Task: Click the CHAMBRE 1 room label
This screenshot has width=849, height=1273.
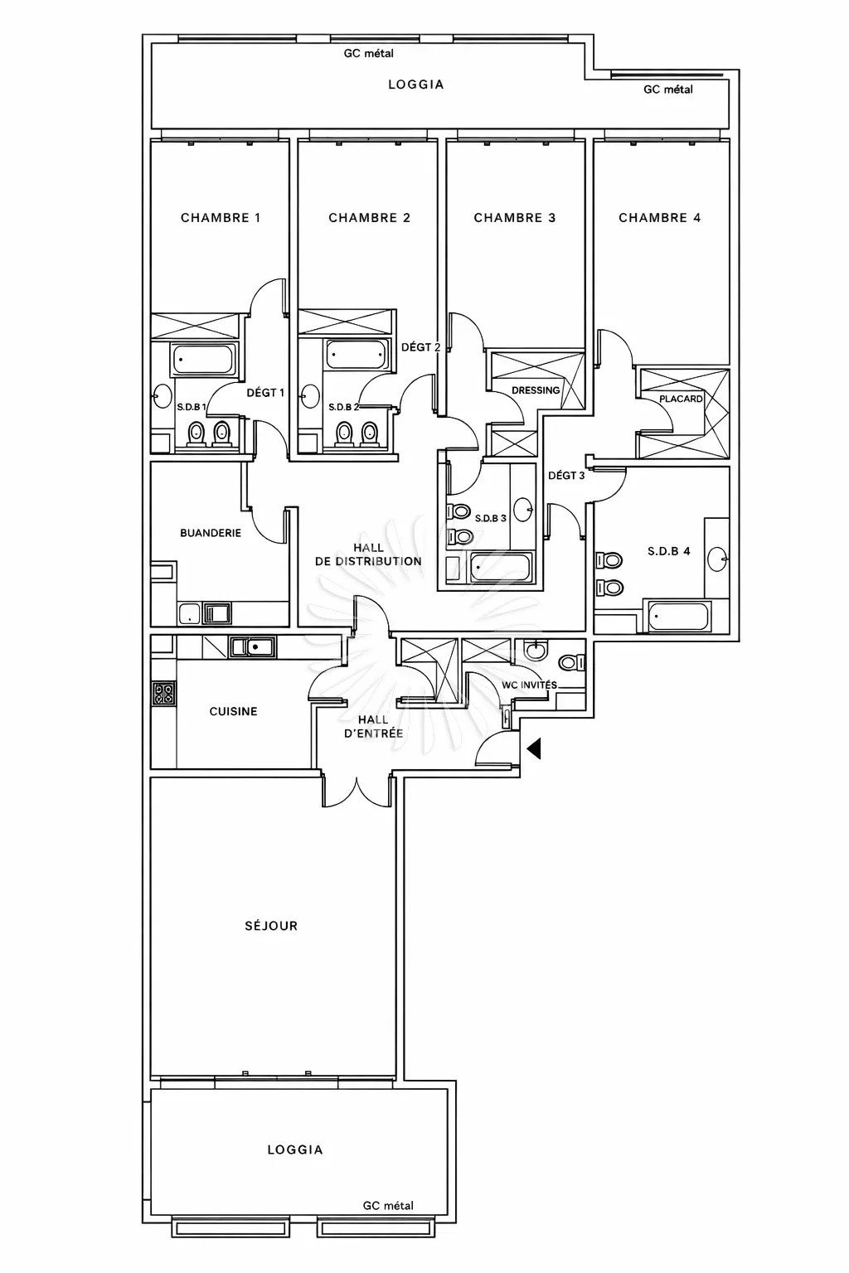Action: (x=221, y=218)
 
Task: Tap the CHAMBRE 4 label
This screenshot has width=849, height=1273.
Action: (x=660, y=218)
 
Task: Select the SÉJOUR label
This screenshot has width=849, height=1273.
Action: (x=271, y=926)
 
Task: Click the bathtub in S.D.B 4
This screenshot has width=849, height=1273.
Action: (x=678, y=616)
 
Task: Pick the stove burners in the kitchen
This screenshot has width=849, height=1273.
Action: (x=164, y=694)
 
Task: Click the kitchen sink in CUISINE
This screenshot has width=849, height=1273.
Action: (x=253, y=646)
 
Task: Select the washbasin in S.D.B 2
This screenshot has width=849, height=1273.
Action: (x=310, y=396)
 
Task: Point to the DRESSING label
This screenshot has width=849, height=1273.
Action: (x=536, y=390)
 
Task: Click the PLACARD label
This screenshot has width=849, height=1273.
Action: (x=681, y=399)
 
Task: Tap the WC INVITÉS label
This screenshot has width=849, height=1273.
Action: (x=530, y=685)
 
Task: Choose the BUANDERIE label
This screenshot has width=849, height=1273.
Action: (x=211, y=533)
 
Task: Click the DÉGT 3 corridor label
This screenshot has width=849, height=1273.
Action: (x=566, y=475)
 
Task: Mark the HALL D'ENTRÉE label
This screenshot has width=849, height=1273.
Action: (x=374, y=726)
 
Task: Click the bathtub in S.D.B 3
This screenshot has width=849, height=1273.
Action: (x=501, y=567)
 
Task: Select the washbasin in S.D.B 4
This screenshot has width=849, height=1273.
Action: (x=718, y=559)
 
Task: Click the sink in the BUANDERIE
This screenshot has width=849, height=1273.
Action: (x=217, y=614)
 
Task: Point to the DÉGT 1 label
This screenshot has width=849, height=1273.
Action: (x=265, y=393)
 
